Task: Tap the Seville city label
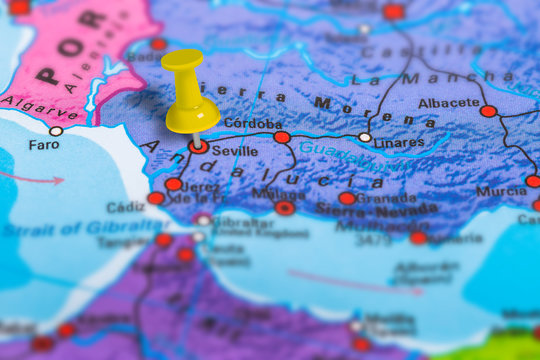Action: pos(235,152)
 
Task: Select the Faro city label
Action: pos(43,144)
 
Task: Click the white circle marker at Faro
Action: pos(56,131)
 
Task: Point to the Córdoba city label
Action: pos(252,124)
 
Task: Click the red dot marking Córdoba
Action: pos(282,137)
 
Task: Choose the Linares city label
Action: pos(398,143)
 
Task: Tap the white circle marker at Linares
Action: pos(365,137)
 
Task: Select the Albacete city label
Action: pos(449,102)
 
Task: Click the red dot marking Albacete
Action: pos(488,111)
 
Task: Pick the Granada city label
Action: pos(386,198)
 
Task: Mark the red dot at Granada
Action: pos(347,198)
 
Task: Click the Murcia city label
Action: pos(501,191)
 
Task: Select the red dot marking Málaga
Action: pos(285,208)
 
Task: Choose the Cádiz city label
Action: pos(125,207)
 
